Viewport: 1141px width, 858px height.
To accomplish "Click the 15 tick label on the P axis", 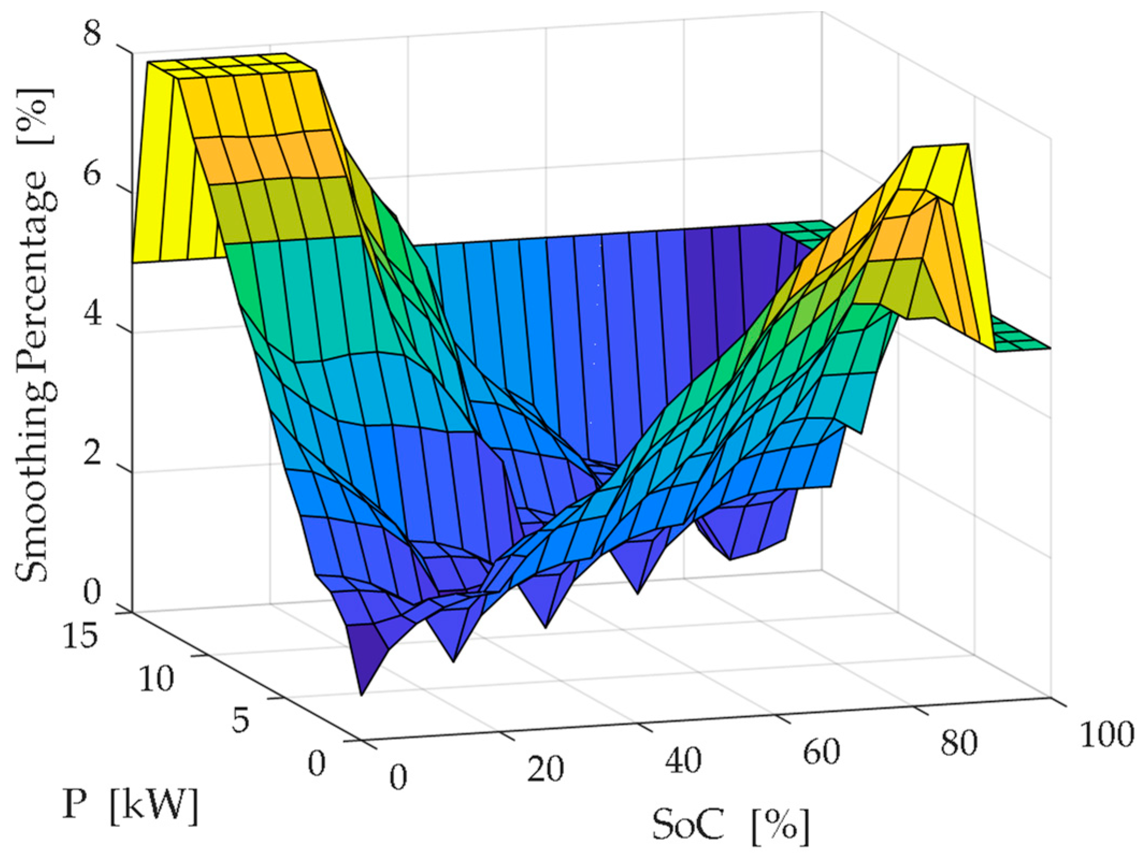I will [x=80, y=637].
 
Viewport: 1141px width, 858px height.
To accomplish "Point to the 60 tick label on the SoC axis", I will [x=821, y=752].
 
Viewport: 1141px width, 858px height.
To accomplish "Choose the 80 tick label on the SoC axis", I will [x=959, y=744].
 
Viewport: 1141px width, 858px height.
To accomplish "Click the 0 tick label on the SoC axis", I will [x=398, y=777].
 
